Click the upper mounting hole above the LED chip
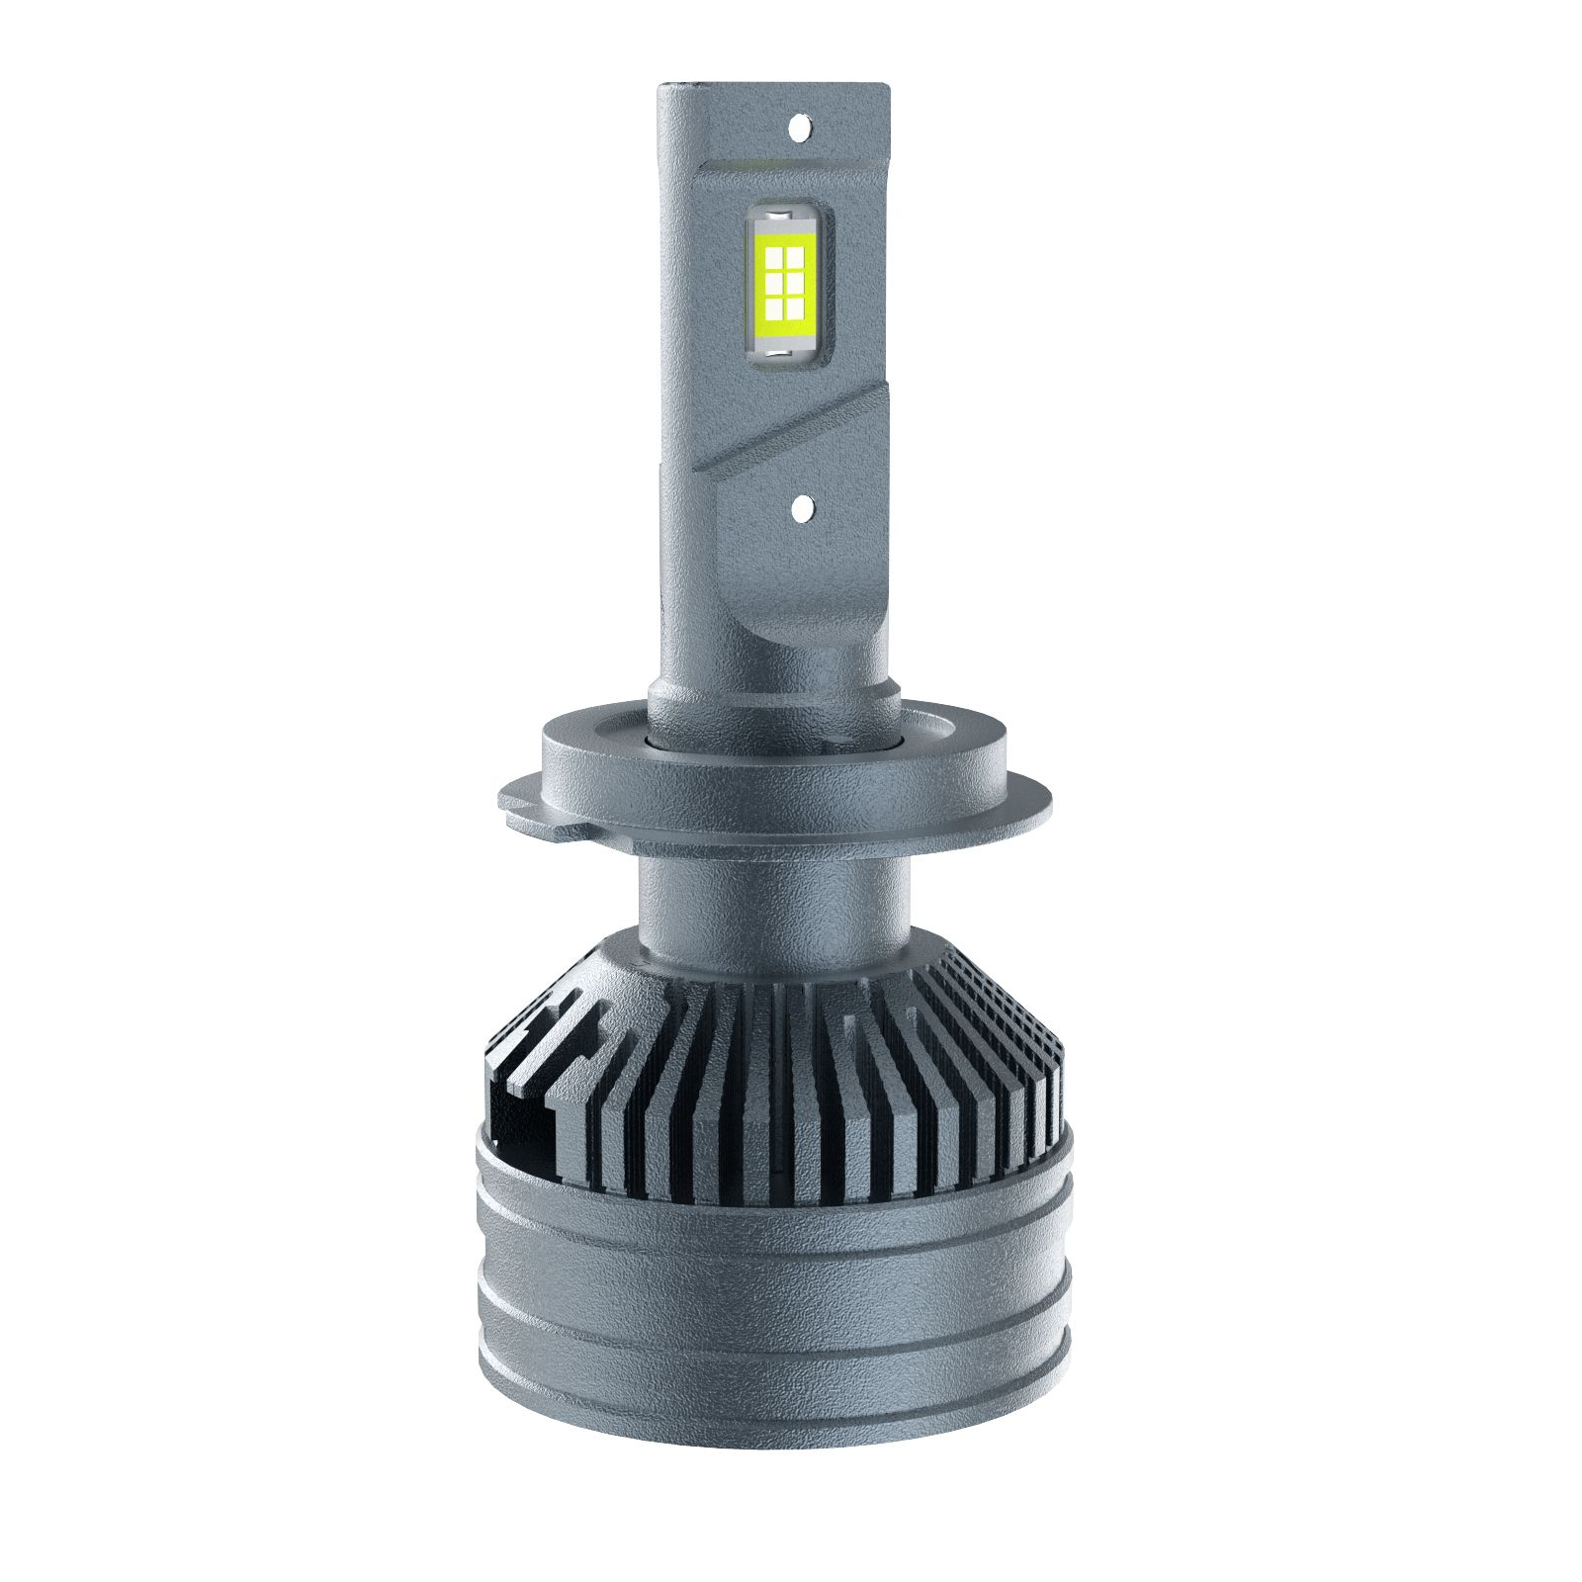[x=801, y=126]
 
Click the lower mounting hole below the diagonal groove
[x=801, y=507]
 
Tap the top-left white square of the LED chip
[x=774, y=258]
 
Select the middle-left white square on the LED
[x=774, y=284]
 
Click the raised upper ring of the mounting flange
[x=771, y=761]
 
